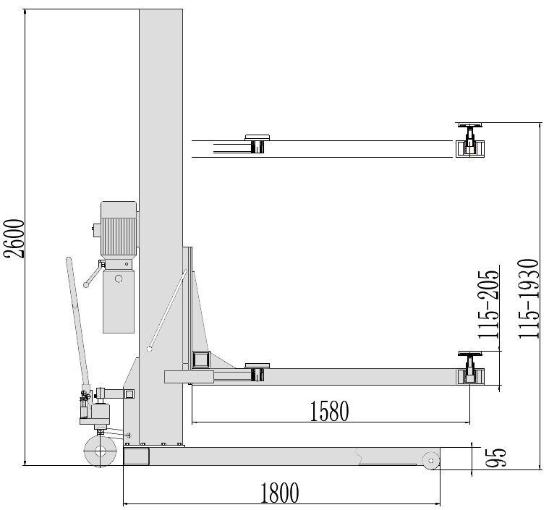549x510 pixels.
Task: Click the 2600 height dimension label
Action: [14, 239]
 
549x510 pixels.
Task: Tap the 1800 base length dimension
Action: [279, 493]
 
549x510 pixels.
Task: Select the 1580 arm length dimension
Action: [329, 411]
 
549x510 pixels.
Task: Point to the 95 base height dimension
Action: [495, 457]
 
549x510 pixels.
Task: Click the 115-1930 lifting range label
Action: [528, 299]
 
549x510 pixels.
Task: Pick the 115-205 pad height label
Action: [488, 304]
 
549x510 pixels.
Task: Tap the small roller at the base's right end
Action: [430, 460]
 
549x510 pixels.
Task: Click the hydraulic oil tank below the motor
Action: [119, 296]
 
